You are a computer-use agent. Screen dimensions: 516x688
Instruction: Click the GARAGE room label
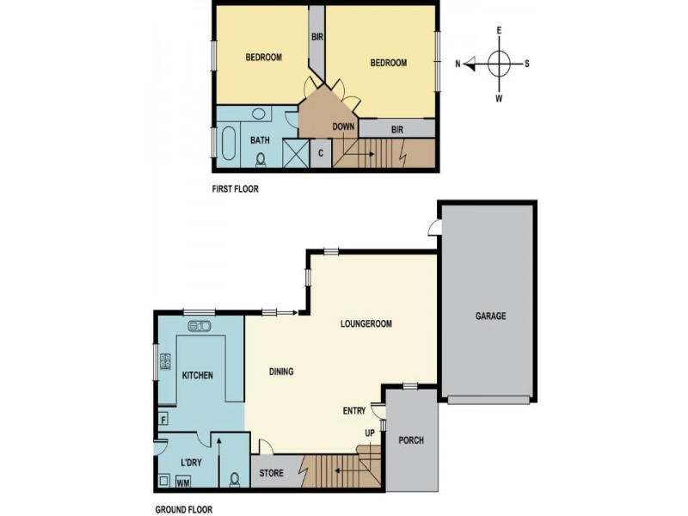point(490,316)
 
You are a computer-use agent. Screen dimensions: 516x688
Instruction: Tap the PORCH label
point(411,440)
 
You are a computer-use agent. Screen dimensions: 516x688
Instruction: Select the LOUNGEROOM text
point(365,324)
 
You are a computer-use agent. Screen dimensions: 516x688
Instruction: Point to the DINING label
point(281,372)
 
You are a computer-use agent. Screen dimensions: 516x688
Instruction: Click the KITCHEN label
point(197,376)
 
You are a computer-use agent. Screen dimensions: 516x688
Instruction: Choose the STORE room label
point(272,473)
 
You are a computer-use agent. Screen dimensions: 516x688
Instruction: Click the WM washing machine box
point(182,482)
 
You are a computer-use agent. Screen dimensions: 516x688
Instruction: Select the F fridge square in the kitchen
point(163,421)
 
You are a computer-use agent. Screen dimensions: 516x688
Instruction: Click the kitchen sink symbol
point(199,326)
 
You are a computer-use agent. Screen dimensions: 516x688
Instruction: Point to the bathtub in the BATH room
point(229,142)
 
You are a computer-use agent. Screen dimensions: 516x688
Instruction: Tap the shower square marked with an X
point(294,153)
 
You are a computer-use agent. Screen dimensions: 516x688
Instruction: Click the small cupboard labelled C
point(320,153)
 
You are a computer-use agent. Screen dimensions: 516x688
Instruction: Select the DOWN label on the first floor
point(344,127)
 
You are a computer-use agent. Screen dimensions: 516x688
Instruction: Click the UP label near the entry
point(371,432)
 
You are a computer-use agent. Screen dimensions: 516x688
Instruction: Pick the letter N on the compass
point(458,63)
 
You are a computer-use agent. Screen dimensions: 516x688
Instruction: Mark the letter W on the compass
point(499,98)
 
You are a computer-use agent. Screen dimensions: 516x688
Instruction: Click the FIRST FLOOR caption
point(235,188)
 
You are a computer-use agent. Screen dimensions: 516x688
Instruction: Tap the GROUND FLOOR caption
point(182,509)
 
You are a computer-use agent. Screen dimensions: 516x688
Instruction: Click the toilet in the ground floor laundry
point(235,478)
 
